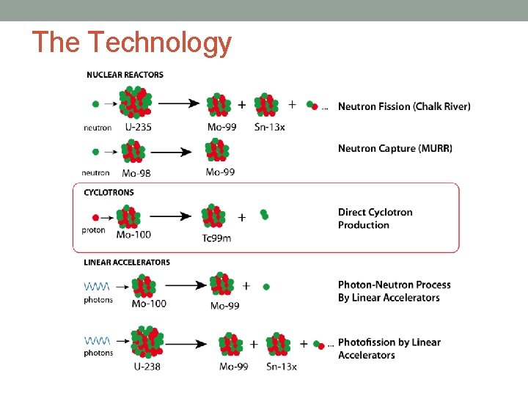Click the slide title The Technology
point(132,43)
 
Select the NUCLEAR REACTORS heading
point(125,75)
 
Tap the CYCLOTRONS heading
point(109,193)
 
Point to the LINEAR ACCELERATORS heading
point(127,263)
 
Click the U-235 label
point(139,127)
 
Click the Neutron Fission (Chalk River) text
point(404,106)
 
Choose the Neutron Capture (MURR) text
point(395,148)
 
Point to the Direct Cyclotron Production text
point(375,219)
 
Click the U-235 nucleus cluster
point(136,103)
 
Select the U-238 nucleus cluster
point(147,342)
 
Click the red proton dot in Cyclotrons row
point(95,218)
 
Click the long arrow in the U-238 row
point(186,343)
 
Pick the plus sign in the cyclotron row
point(242,217)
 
